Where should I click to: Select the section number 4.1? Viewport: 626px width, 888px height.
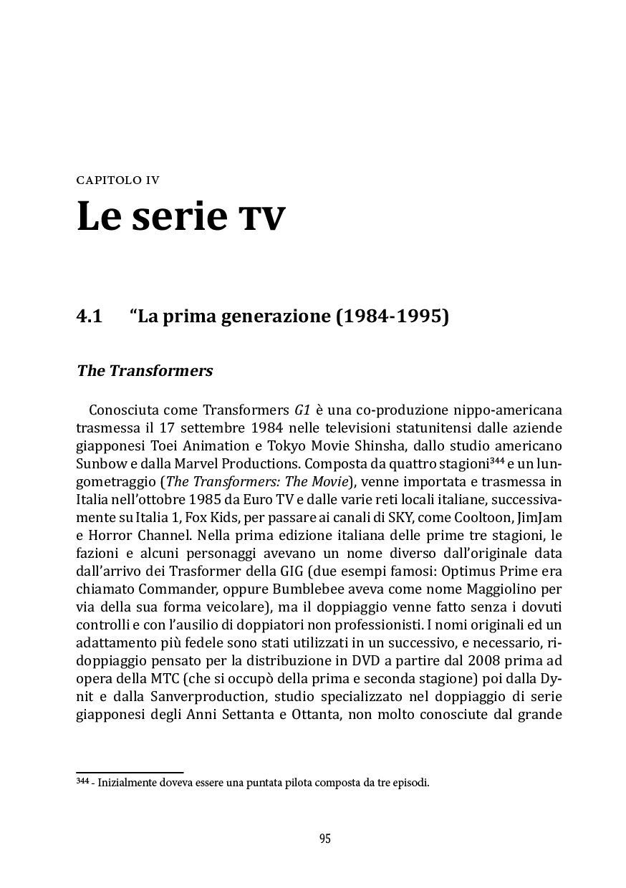tap(90, 316)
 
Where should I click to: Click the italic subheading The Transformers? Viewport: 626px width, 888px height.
tap(145, 371)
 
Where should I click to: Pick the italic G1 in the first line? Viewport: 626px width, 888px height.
tap(302, 411)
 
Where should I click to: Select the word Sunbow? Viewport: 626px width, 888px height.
tap(97, 460)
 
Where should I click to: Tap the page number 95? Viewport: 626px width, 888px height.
tap(324, 839)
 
